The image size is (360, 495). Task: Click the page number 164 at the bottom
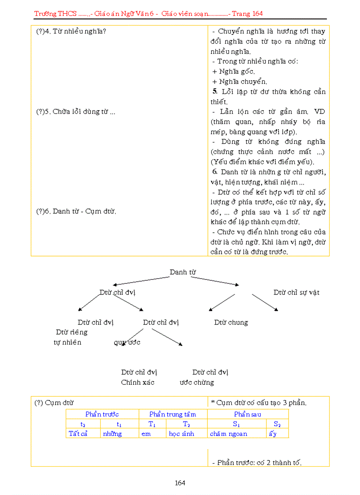pos(180,483)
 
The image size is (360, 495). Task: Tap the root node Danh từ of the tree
pos(183,272)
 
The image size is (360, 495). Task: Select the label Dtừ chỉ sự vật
pos(296,292)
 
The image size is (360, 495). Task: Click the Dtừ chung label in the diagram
pos(231,322)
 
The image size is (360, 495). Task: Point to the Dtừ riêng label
pos(72,332)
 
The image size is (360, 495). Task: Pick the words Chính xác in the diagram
pos(138,382)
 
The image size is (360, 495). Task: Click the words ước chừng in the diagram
pos(197,382)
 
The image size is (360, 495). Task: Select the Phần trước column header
pos(102,414)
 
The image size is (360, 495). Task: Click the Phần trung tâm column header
pos(172,414)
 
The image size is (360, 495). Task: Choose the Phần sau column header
pos(247,414)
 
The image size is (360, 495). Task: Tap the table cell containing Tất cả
pos(78,433)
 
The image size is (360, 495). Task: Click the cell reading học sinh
pos(181,433)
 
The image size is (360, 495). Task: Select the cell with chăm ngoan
pos(229,433)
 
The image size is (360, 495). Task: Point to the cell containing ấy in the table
pos(273,433)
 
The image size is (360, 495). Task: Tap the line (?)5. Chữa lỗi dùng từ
pos(75,112)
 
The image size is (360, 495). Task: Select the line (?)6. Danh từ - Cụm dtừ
pos(76,211)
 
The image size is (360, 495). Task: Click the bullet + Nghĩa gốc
pos(233,71)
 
